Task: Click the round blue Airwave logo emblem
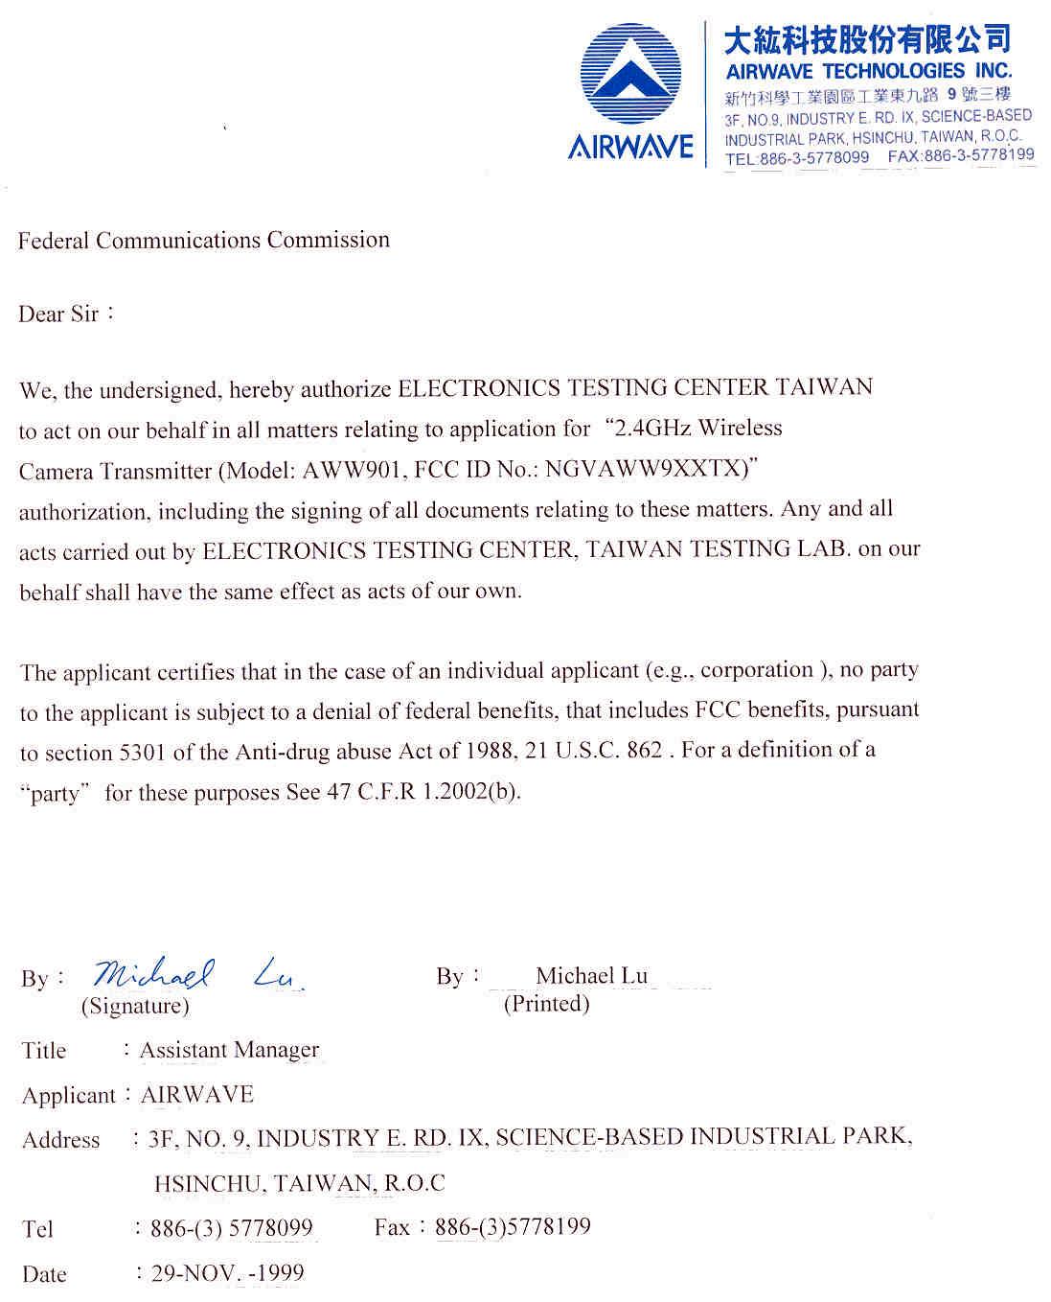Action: pyautogui.click(x=630, y=75)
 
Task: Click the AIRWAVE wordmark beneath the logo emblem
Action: pyautogui.click(x=630, y=147)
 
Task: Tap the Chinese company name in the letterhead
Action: pyautogui.click(x=867, y=39)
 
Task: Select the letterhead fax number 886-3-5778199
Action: pyautogui.click(x=979, y=155)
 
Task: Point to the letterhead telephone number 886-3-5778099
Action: pyautogui.click(x=814, y=158)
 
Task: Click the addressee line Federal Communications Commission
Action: pyautogui.click(x=204, y=240)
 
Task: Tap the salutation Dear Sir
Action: pyautogui.click(x=58, y=314)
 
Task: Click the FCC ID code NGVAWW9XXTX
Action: pyautogui.click(x=644, y=470)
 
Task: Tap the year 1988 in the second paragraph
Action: pyautogui.click(x=490, y=751)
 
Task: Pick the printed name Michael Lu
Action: pyautogui.click(x=591, y=975)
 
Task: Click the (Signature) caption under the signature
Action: pyautogui.click(x=135, y=1006)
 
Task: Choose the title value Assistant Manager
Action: pyautogui.click(x=229, y=1050)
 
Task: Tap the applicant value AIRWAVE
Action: pyautogui.click(x=197, y=1094)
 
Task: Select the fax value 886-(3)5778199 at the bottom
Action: pyautogui.click(x=513, y=1226)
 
